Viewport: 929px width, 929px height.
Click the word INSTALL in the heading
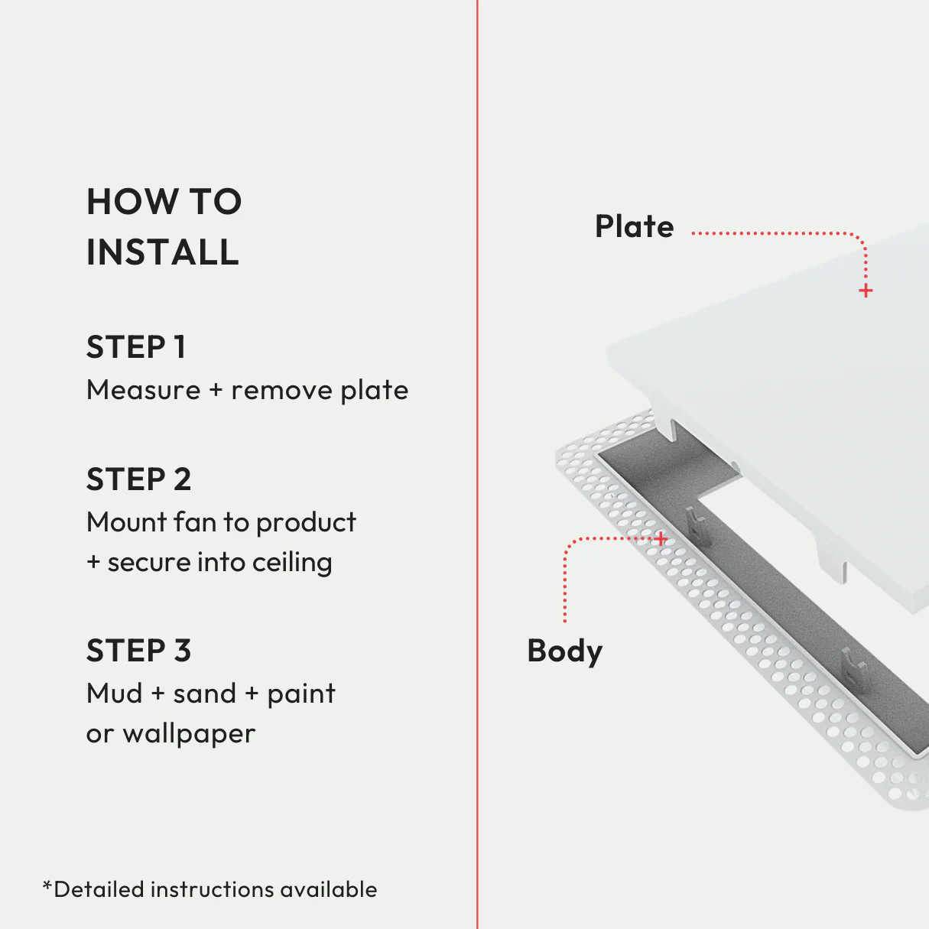pos(163,252)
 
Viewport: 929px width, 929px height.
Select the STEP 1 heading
pos(136,347)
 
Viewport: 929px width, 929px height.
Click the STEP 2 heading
pos(138,479)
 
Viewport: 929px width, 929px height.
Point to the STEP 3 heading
pos(138,651)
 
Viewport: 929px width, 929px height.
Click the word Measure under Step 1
pos(144,390)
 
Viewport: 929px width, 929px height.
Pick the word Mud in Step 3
pos(115,694)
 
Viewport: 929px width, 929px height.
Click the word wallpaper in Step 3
pos(189,734)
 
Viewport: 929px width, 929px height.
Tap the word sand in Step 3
pos(204,694)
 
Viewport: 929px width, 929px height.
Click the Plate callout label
pos(634,227)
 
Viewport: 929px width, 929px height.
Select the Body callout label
pos(564,651)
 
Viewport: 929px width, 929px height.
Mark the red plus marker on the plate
pos(866,291)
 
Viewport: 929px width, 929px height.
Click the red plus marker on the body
pos(661,539)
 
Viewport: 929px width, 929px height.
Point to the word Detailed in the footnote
pos(99,889)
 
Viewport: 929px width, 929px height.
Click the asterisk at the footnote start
pos(47,886)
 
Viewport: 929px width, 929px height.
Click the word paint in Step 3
pos(301,694)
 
